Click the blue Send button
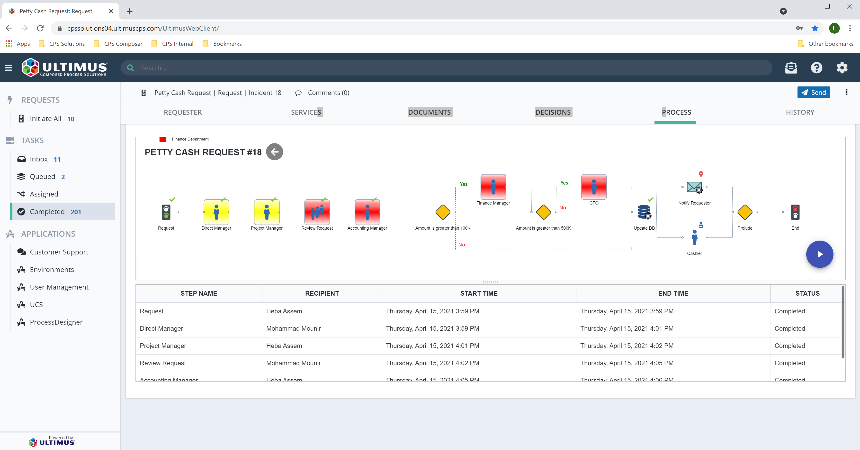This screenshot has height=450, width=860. [x=813, y=93]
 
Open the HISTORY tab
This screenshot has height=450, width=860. [x=800, y=112]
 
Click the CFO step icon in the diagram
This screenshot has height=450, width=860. [x=594, y=187]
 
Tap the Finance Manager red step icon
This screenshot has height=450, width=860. [x=493, y=187]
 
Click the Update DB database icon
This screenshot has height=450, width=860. [x=644, y=212]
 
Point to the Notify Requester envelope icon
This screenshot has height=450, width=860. [x=694, y=187]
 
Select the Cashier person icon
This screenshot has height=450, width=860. [x=694, y=237]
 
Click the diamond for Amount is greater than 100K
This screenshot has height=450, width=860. [x=443, y=212]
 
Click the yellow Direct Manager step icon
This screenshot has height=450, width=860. [x=216, y=212]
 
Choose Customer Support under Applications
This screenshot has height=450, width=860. [x=59, y=252]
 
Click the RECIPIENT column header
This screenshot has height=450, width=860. [x=322, y=293]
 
